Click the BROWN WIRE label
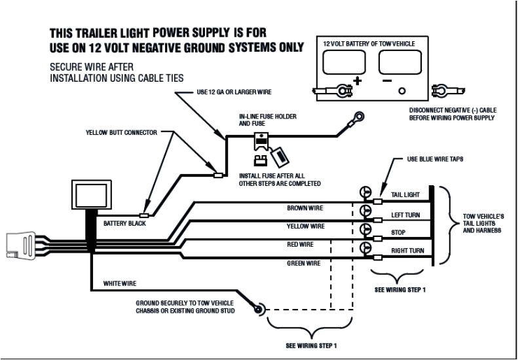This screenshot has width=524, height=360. [x=305, y=208]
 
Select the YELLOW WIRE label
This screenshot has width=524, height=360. [x=305, y=226]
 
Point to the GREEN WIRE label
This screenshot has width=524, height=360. [x=304, y=263]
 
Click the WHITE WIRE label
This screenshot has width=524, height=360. [x=121, y=283]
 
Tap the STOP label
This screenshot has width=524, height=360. [x=398, y=232]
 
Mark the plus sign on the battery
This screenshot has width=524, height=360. [x=358, y=82]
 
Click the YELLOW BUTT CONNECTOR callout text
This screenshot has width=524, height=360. [x=122, y=132]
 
